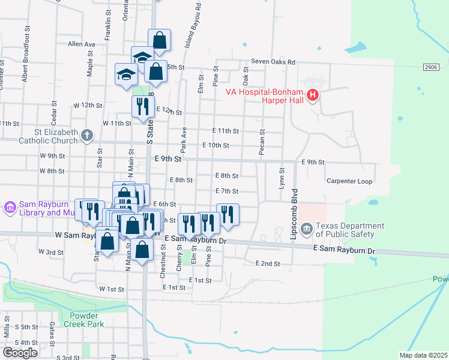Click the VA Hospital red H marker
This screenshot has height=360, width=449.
click(x=312, y=95)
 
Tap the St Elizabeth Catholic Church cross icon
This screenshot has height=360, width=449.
click(x=87, y=135)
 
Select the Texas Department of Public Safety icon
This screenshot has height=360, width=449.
click(x=307, y=229)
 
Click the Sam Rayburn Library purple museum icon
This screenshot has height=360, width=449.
click(x=10, y=208)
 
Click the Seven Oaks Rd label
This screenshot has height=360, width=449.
click(x=273, y=62)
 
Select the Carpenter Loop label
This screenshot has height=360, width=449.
click(x=349, y=181)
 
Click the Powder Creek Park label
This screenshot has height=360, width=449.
click(x=86, y=320)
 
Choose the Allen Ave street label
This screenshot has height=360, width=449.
click(x=82, y=44)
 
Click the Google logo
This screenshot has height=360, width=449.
click(x=20, y=352)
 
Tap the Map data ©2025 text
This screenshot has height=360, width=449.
click(x=423, y=355)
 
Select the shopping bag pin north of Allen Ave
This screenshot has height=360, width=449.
click(x=160, y=40)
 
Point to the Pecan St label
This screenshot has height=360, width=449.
click(x=262, y=142)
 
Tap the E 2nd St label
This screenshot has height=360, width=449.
click(x=268, y=263)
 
